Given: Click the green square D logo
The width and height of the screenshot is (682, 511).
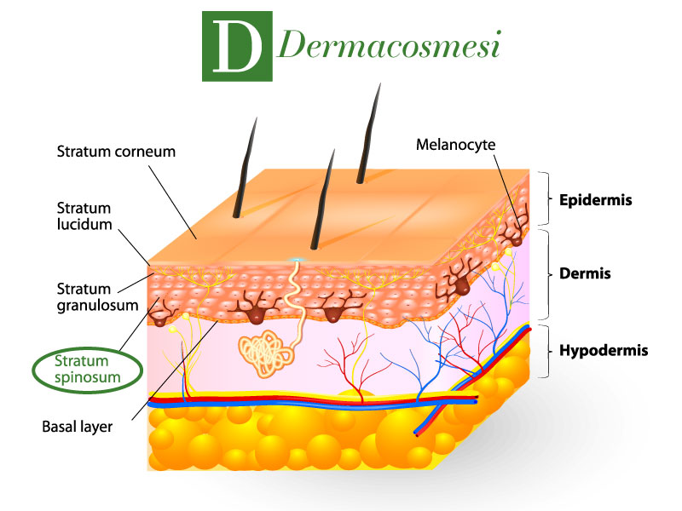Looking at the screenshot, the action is tap(237, 47).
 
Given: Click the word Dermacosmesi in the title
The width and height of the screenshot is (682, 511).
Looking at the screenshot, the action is tap(389, 44).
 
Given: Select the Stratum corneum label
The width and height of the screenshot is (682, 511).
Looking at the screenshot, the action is tap(116, 152).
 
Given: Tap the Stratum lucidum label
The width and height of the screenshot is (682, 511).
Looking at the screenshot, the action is tap(84, 216).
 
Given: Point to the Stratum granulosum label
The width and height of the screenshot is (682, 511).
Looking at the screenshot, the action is tap(97, 296).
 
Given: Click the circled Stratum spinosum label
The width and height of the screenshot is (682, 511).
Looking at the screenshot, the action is tap(88, 370).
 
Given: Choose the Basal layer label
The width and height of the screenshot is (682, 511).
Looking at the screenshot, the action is tap(77, 427).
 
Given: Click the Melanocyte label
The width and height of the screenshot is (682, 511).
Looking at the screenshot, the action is tap(455, 145).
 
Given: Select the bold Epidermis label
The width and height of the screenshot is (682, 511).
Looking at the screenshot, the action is tap(595, 200).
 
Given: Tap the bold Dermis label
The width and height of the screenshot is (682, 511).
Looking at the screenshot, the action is tap(585, 273).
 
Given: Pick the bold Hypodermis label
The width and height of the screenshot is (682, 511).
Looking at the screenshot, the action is tap(604, 350).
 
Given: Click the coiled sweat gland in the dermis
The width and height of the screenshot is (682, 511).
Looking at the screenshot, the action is tap(264, 353).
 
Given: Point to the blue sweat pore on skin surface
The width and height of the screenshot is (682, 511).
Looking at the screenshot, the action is tap(297, 260).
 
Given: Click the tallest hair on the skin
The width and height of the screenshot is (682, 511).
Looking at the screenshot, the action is tap(368, 133).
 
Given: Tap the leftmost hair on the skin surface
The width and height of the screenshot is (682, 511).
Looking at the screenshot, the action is tap(245, 167).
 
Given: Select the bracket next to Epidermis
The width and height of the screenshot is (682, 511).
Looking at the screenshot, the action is tap(545, 198).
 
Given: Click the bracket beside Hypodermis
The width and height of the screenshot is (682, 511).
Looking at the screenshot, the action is tap(545, 351).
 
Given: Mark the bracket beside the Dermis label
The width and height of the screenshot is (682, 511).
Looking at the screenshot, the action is tap(545, 273).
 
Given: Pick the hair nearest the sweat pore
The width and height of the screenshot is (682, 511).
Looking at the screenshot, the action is tap(322, 199).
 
